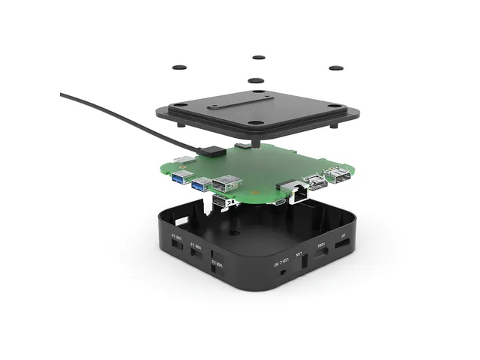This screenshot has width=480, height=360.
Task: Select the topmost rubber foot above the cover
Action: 259,57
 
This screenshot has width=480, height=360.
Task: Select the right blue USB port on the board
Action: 201,184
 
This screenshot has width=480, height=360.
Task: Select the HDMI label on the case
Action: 321,245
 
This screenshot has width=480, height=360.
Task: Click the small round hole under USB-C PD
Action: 280,272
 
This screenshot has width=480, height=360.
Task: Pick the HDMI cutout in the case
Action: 320,258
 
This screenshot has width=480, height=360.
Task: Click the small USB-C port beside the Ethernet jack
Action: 278,201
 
